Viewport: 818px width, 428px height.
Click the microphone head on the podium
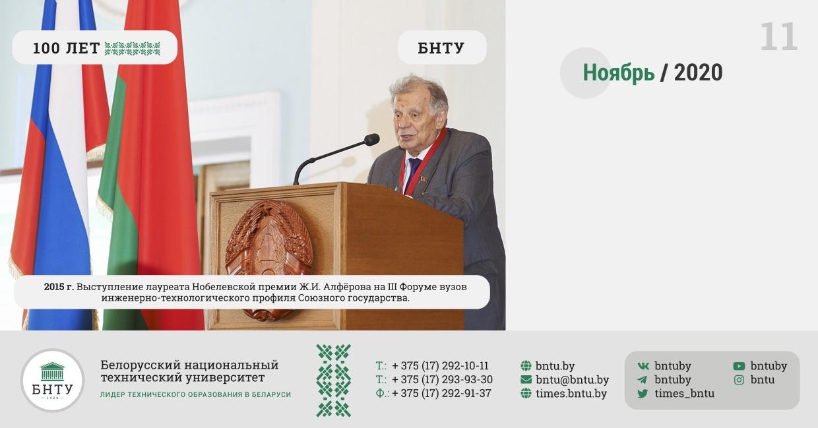click(372, 140)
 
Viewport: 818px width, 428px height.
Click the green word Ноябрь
click(619, 73)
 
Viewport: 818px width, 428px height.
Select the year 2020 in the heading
click(698, 73)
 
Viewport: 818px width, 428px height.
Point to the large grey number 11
click(779, 36)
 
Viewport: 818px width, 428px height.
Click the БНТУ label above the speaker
click(441, 48)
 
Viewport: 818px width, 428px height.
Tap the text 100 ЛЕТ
click(66, 48)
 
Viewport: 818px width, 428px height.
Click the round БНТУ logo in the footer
click(53, 380)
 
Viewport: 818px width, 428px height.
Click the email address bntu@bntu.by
click(572, 380)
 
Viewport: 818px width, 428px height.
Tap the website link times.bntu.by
click(571, 393)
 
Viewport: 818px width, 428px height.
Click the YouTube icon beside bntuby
click(739, 366)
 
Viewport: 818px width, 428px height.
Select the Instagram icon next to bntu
click(739, 380)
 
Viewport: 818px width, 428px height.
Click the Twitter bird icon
click(643, 393)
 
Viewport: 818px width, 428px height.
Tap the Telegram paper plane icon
click(643, 380)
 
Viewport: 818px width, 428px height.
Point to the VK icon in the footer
click(643, 366)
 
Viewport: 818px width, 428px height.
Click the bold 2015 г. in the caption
click(59, 287)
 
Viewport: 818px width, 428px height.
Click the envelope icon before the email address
click(526, 380)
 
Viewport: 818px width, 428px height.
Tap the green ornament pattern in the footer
click(333, 380)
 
